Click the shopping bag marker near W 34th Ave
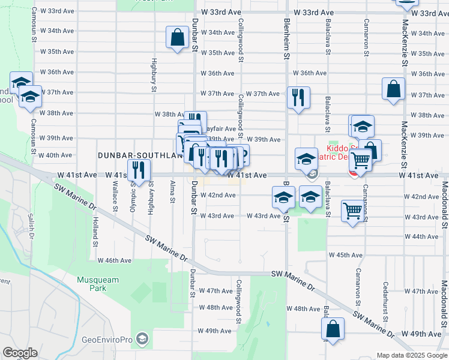(178, 37)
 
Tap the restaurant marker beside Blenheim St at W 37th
(298, 96)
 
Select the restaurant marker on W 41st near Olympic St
(138, 170)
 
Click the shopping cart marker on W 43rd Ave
(353, 211)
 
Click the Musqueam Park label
(98, 284)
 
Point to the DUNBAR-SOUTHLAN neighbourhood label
(139, 155)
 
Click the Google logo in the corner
(20, 352)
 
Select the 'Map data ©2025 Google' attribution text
(411, 355)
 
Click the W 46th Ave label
(113, 260)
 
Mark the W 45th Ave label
(346, 255)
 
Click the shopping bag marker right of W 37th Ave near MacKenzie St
(393, 89)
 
